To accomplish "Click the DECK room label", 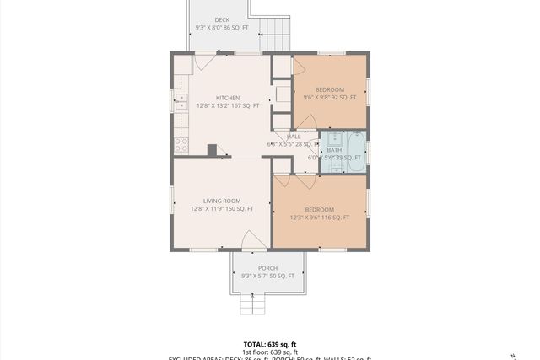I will (x=222, y=19).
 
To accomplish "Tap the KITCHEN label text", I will (x=228, y=98).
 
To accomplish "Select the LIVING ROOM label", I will (x=222, y=201).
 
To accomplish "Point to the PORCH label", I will (x=267, y=268).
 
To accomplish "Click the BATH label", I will (x=334, y=150).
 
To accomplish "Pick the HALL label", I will (x=294, y=137).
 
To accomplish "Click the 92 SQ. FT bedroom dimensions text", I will (x=330, y=98).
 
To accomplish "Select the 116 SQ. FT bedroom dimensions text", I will (x=319, y=218).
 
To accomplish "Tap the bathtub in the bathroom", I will (x=355, y=152).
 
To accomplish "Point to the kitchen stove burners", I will (x=181, y=144).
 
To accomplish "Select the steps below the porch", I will (x=252, y=304).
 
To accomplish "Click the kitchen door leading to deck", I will (x=205, y=62).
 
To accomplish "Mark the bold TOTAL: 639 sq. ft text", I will (x=269, y=344).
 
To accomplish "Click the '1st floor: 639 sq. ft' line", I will (x=269, y=352).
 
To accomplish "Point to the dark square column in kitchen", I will (x=212, y=150).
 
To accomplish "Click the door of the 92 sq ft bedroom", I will (x=299, y=67).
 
